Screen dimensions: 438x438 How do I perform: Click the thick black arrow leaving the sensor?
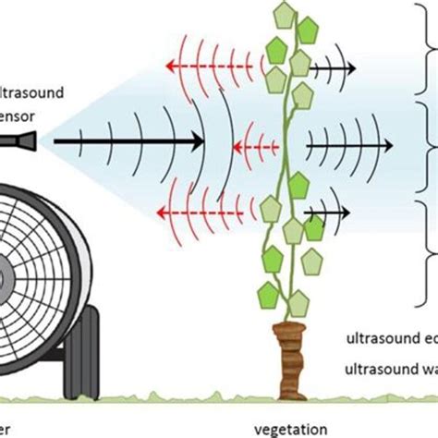coord(129,141)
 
